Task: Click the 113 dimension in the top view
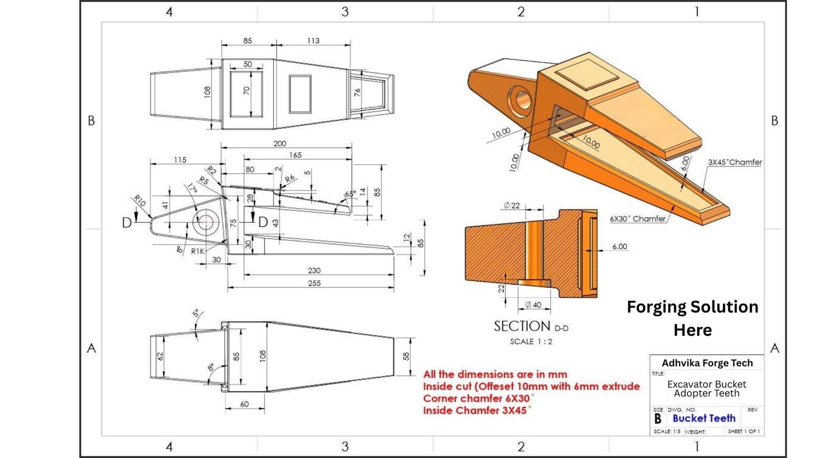tap(313, 40)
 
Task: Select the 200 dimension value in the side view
tap(280, 143)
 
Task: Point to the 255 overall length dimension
tap(314, 283)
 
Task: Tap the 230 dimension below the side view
tap(314, 271)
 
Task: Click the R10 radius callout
tap(139, 200)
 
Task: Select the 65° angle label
tap(350, 195)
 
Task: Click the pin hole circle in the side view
tap(205, 221)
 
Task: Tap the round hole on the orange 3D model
tap(521, 99)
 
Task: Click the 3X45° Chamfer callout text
tap(734, 162)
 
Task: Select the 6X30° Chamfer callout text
tap(637, 219)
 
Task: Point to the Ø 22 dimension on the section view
tap(511, 205)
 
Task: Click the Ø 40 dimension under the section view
tap(533, 305)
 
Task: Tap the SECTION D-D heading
tap(530, 326)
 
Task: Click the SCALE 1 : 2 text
tap(531, 342)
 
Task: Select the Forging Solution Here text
tap(692, 318)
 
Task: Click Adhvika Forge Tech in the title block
tap(707, 363)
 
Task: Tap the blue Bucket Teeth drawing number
tap(703, 418)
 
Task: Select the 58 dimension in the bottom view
tap(406, 356)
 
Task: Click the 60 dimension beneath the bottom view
tap(244, 404)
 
